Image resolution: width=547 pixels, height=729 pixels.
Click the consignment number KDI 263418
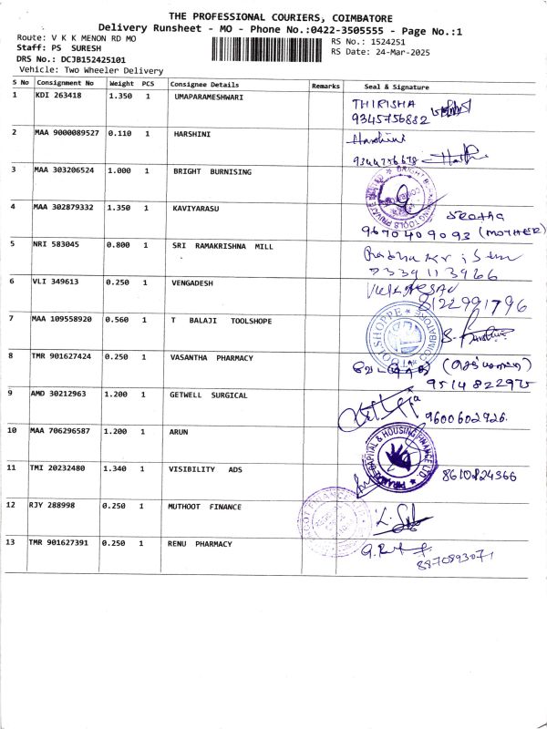(x=57, y=95)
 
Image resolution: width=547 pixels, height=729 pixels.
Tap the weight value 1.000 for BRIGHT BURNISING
(x=120, y=169)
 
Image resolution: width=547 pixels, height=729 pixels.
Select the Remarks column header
(x=325, y=85)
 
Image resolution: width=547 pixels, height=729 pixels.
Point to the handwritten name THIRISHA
(x=377, y=104)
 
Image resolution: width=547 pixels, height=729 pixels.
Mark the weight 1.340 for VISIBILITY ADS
(x=120, y=468)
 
